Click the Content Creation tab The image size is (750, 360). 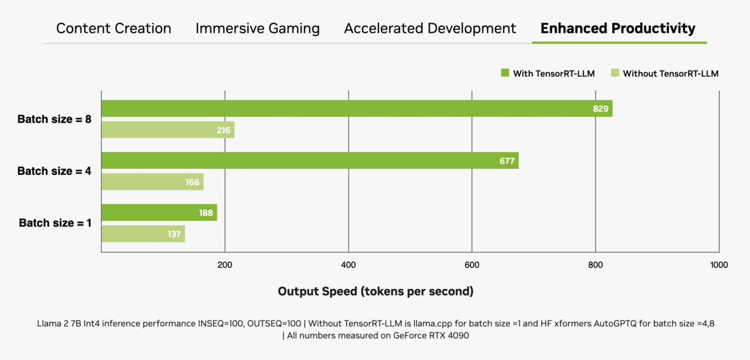114,28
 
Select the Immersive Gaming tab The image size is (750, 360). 258,28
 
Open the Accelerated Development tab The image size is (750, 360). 430,28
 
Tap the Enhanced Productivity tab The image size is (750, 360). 618,28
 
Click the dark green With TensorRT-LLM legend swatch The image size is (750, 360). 504,73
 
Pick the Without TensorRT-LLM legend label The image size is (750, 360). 670,73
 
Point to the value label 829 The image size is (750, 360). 601,108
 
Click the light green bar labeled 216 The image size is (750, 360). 168,130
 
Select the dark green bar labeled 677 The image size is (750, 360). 309,161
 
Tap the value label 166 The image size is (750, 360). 193,182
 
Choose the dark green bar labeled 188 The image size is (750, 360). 159,213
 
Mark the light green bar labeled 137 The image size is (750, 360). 143,234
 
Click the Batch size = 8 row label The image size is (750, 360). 54,119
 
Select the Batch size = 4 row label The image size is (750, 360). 54,171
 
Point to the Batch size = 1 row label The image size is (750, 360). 55,223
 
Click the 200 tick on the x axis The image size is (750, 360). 225,265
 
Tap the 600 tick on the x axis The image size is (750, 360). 472,265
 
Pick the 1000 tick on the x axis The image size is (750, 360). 718,265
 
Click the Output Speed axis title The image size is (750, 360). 376,291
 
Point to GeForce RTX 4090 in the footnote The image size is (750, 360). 434,335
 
